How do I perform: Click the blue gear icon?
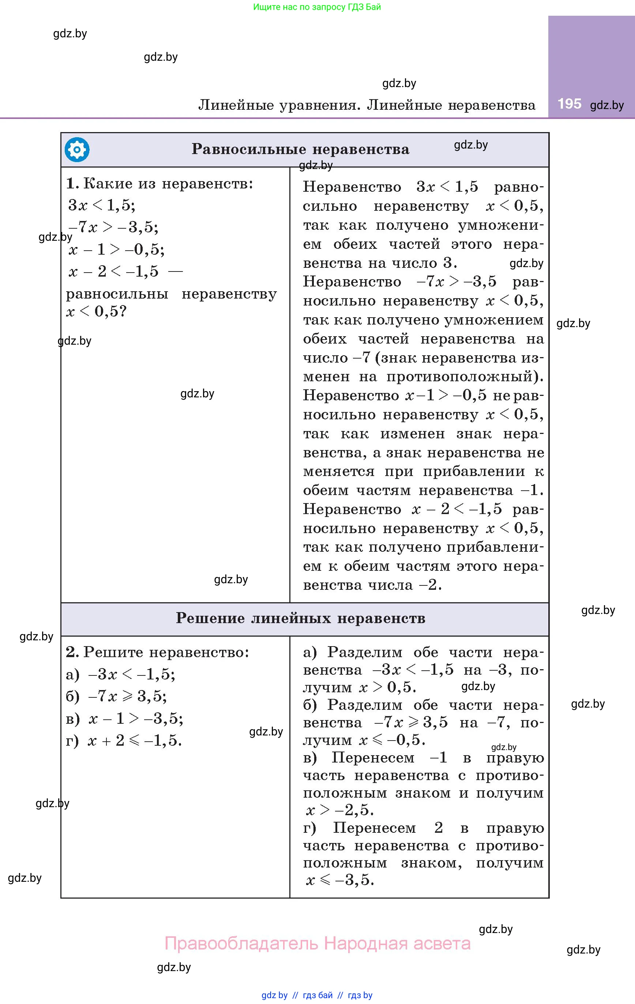point(77,150)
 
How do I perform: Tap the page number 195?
point(569,104)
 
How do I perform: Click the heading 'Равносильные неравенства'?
point(300,149)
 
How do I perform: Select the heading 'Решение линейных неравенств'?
point(300,618)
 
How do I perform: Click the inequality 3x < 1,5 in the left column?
point(102,205)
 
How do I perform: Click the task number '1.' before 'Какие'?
point(72,183)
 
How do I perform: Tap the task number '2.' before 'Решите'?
point(72,652)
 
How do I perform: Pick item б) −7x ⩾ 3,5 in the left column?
point(116,696)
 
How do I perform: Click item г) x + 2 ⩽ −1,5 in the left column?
point(124,741)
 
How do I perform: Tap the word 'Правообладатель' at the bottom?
point(242,943)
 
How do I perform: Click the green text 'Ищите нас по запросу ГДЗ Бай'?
point(317,7)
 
